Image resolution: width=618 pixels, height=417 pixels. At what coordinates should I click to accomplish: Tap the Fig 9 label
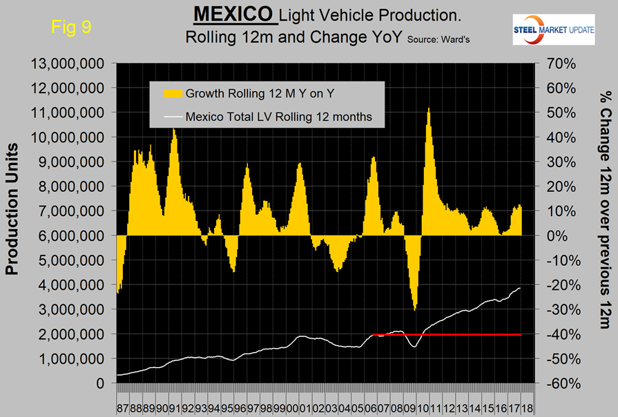coord(72,28)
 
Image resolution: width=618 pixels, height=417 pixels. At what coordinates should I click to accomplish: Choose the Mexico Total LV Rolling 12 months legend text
coord(279,117)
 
